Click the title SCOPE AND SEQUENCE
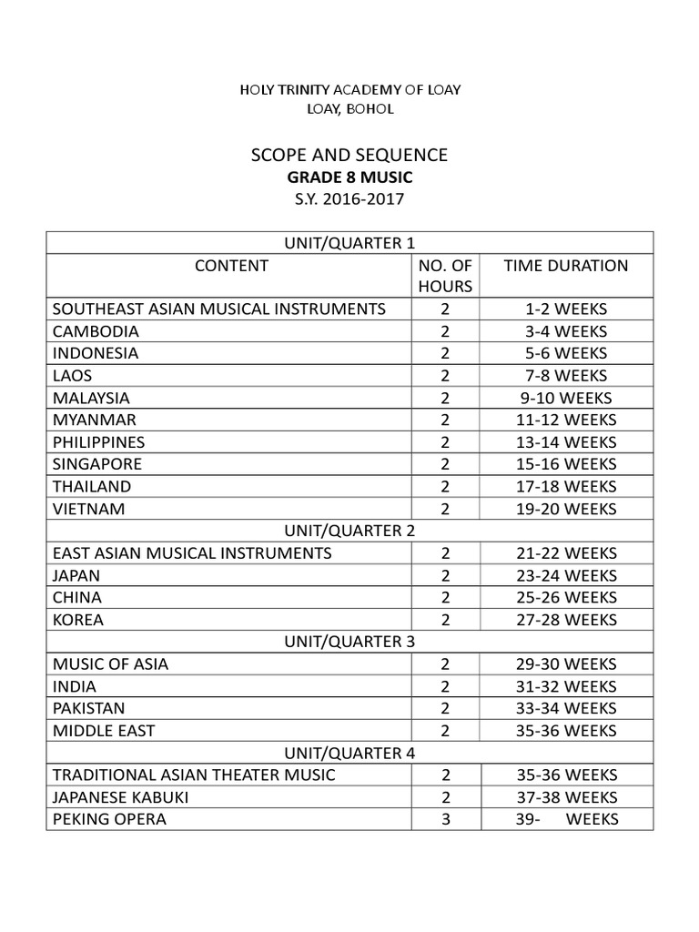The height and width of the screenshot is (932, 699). [349, 156]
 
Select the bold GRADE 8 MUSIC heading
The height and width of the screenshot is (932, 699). [349, 177]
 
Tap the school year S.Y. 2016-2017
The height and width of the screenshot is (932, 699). [349, 198]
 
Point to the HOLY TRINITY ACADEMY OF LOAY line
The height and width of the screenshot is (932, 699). [349, 89]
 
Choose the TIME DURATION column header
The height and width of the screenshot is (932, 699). [565, 266]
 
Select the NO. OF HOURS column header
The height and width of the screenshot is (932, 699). [445, 276]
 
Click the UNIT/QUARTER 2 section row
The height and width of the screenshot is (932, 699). [349, 531]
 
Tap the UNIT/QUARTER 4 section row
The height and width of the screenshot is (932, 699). [349, 753]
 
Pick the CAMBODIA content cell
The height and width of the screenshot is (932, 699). [96, 331]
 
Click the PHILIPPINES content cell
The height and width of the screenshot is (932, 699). [98, 442]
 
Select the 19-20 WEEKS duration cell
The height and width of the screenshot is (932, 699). [565, 509]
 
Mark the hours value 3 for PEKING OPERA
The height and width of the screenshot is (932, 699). [445, 819]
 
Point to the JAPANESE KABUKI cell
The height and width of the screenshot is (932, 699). [121, 797]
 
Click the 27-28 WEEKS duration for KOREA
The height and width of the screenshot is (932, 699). [565, 620]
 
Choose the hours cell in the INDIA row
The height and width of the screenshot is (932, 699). [445, 686]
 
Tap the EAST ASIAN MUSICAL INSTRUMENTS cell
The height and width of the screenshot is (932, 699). [192, 553]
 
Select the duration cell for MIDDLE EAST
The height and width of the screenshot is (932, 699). [565, 731]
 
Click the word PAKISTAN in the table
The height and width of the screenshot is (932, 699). [89, 708]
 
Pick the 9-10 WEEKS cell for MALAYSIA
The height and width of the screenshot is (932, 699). [565, 398]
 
